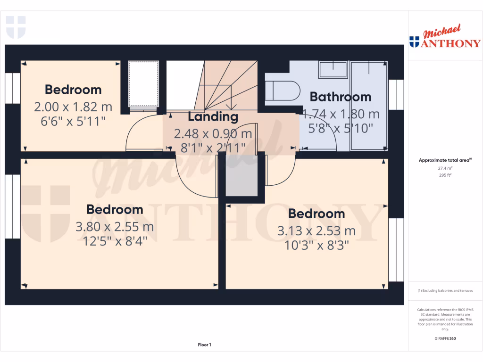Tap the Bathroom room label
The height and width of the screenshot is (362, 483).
tap(340, 97)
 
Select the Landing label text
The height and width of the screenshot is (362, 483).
tap(213, 116)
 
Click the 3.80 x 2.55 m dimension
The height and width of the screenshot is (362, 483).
tap(115, 227)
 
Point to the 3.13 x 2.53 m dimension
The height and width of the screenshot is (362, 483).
tap(316, 231)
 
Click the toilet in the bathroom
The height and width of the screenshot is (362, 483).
tap(283, 90)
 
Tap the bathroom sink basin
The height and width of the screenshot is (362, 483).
tap(333, 70)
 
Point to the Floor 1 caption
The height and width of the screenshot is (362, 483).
tap(204, 345)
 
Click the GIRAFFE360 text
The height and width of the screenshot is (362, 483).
tap(445, 338)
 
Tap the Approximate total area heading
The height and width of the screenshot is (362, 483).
tap(444, 160)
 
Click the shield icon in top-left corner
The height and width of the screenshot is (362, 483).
tap(16, 27)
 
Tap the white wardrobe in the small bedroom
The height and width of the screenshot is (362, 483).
tap(144, 83)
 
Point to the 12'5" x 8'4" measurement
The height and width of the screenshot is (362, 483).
tap(115, 241)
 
